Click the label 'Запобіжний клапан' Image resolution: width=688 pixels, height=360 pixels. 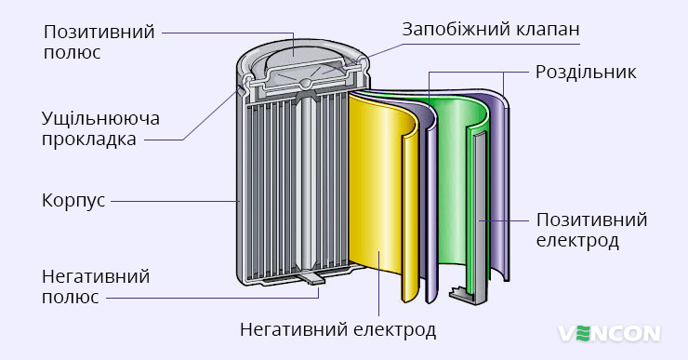[x=491, y=29]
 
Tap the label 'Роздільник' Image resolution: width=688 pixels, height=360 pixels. [x=586, y=72]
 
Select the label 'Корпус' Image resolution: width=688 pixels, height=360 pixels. [x=73, y=200]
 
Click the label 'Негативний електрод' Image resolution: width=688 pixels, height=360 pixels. [x=337, y=329]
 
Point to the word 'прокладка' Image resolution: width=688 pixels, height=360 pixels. [x=89, y=140]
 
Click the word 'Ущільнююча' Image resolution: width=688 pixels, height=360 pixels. [x=101, y=119]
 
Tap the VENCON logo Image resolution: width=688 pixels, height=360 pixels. [x=609, y=332]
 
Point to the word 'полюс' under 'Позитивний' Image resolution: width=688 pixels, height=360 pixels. [x=72, y=53]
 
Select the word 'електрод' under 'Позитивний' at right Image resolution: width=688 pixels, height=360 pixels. [x=577, y=241]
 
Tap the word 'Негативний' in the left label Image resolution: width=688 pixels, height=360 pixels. [x=96, y=276]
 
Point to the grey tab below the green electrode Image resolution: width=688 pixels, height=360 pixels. [x=464, y=295]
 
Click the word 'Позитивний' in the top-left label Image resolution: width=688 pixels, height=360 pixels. [x=99, y=33]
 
